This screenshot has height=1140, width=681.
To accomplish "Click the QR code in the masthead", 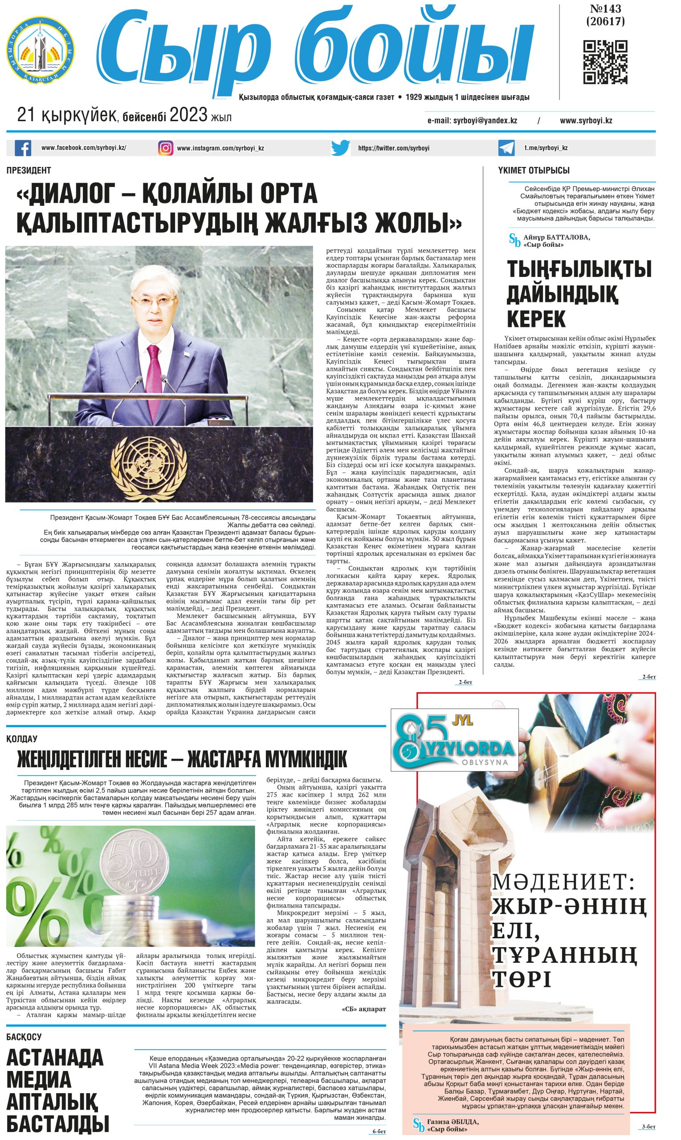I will [605, 62].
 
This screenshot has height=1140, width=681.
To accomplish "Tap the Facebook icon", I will [23, 148].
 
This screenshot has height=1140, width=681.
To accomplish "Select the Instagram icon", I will [166, 148].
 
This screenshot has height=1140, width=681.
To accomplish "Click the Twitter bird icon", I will [340, 148].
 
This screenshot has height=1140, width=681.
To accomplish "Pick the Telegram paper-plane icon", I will [506, 148].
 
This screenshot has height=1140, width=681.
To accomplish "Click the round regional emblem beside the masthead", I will [41, 50].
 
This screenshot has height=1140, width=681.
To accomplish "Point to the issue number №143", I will [605, 9].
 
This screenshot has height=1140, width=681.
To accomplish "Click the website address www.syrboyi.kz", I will [586, 121].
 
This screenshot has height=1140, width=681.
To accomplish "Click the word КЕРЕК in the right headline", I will [536, 319].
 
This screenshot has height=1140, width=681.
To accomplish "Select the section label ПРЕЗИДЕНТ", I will [29, 170].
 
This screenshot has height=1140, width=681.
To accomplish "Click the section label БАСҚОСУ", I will [24, 1037].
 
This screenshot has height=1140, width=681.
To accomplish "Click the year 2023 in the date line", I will [188, 115].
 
